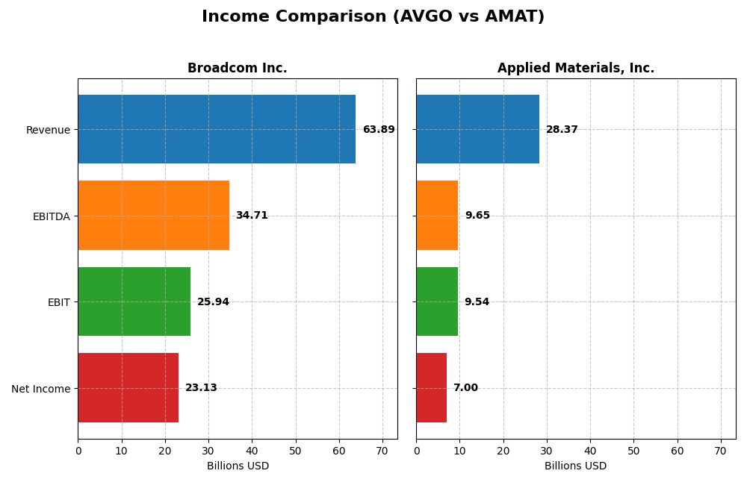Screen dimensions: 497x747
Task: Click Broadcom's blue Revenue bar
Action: [x=217, y=129]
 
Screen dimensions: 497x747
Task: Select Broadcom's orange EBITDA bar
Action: [x=153, y=216]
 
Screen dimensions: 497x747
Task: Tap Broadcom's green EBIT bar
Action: [x=134, y=301]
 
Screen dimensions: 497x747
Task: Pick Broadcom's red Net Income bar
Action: [x=128, y=388]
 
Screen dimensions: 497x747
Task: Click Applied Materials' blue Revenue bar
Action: [x=477, y=129]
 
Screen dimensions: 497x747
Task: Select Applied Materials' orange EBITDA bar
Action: [x=437, y=216]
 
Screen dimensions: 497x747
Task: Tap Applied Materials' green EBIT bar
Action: [x=437, y=301]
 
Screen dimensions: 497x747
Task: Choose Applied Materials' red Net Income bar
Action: [x=431, y=388]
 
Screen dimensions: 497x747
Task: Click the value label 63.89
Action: [x=379, y=130]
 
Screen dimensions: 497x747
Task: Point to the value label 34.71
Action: [x=252, y=216]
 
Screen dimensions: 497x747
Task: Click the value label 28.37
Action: [x=562, y=130]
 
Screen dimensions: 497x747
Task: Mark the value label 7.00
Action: [x=465, y=388]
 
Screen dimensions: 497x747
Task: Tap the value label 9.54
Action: [x=477, y=302]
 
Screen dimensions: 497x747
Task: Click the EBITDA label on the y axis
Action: [x=52, y=216]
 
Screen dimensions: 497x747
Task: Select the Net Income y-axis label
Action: [x=41, y=389]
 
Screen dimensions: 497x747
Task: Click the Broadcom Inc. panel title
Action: [x=238, y=69]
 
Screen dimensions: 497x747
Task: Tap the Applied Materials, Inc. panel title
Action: [x=576, y=69]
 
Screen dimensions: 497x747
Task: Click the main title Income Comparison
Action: [x=373, y=17]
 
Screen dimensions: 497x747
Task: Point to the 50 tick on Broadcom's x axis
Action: [x=296, y=451]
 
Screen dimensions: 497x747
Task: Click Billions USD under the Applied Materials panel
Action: [x=576, y=466]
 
